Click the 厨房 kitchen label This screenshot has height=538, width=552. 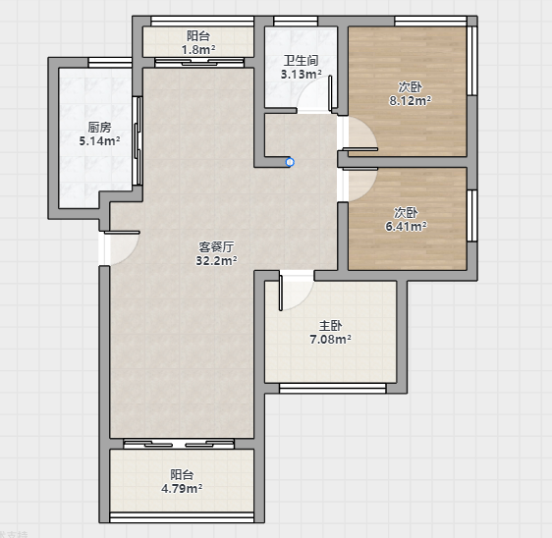tap(99, 127)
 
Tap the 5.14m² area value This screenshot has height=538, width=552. tap(99, 141)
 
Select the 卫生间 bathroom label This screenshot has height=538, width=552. tap(301, 61)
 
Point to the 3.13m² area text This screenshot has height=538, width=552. tap(301, 75)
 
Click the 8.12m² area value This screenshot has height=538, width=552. tap(411, 101)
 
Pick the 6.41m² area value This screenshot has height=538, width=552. tap(407, 226)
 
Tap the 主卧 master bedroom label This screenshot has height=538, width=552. tap(330, 326)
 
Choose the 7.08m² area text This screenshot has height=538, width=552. tap(330, 340)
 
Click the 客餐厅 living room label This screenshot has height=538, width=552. tap(216, 246)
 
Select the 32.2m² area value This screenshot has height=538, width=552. tap(216, 261)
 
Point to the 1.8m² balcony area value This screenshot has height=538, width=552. tap(198, 50)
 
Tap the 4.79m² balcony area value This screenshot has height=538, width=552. tap(182, 488)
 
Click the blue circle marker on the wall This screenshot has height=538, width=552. tap(290, 162)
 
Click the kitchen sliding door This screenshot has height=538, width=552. tap(138, 140)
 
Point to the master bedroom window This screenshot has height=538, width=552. tap(332, 388)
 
